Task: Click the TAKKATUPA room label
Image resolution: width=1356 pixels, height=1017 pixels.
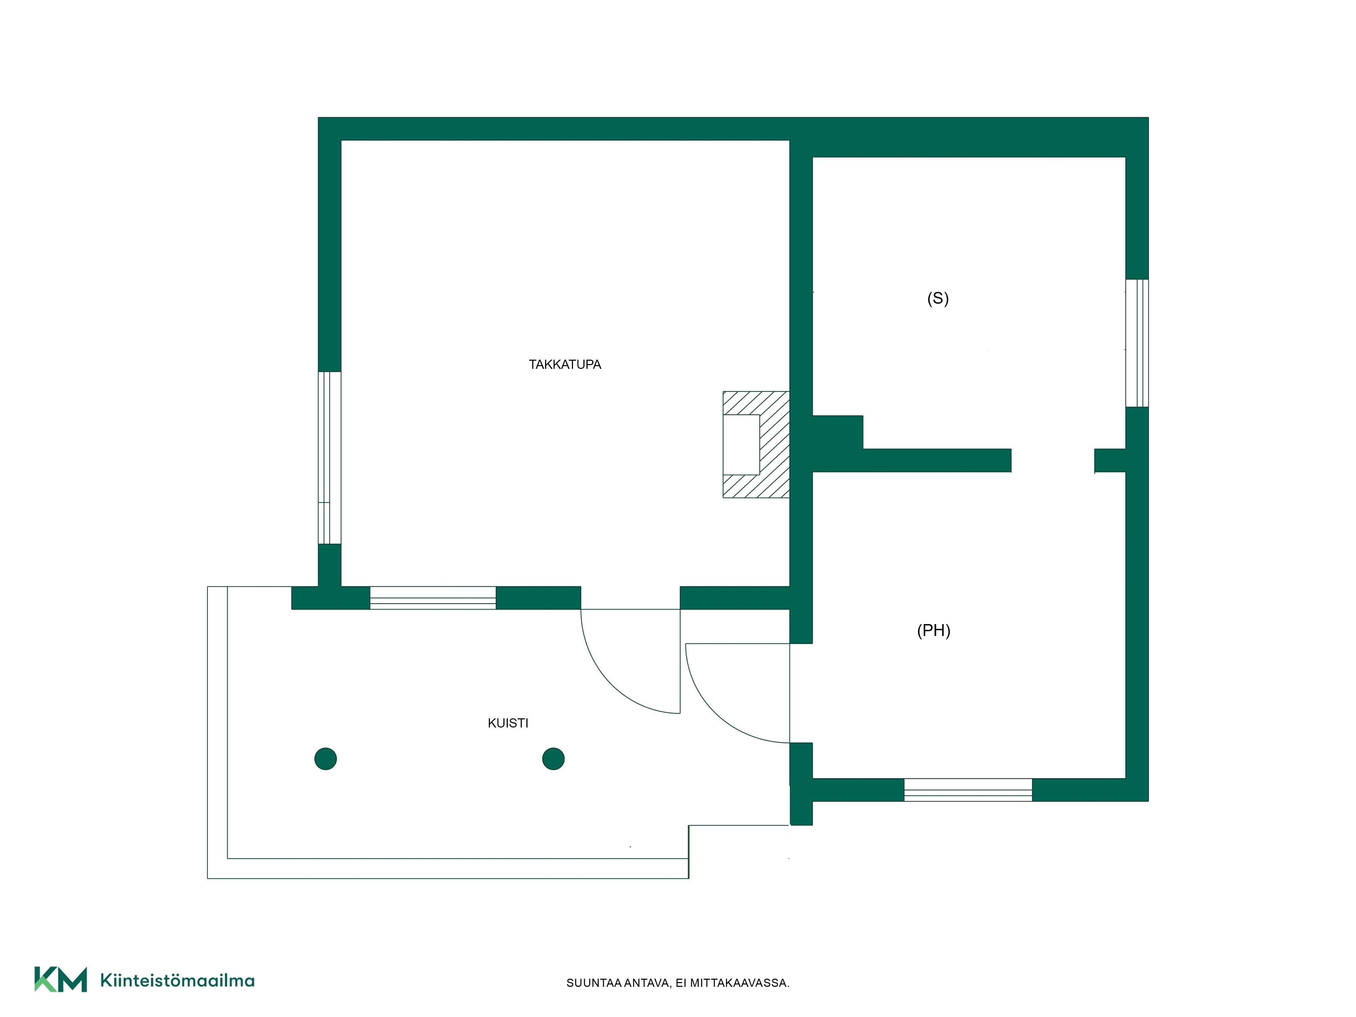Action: click(x=564, y=364)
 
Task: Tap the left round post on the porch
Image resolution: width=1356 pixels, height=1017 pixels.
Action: click(x=325, y=759)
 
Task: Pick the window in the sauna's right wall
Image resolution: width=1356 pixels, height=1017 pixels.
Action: click(x=1137, y=343)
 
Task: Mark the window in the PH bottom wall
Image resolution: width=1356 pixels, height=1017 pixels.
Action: click(x=968, y=790)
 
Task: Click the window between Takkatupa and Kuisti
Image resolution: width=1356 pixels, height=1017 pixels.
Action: click(x=433, y=598)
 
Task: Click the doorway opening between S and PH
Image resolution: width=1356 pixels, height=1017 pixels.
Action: click(x=1053, y=460)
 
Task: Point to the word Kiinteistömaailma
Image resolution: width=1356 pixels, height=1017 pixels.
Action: click(x=177, y=980)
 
